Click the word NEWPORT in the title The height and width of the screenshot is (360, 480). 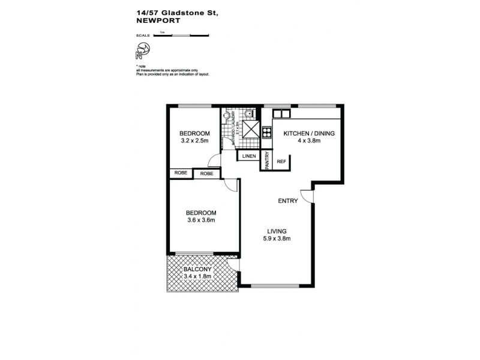point(155,20)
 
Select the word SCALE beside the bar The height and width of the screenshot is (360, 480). point(143,35)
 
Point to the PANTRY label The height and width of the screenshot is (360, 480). point(266,161)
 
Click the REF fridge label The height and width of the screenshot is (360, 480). point(280,161)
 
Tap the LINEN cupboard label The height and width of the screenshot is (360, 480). point(248,157)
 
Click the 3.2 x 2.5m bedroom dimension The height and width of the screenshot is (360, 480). point(194,141)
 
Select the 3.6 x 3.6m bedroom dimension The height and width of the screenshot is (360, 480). point(200,220)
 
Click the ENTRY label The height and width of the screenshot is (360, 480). point(287,201)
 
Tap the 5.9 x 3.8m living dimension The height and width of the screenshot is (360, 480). point(277,238)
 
